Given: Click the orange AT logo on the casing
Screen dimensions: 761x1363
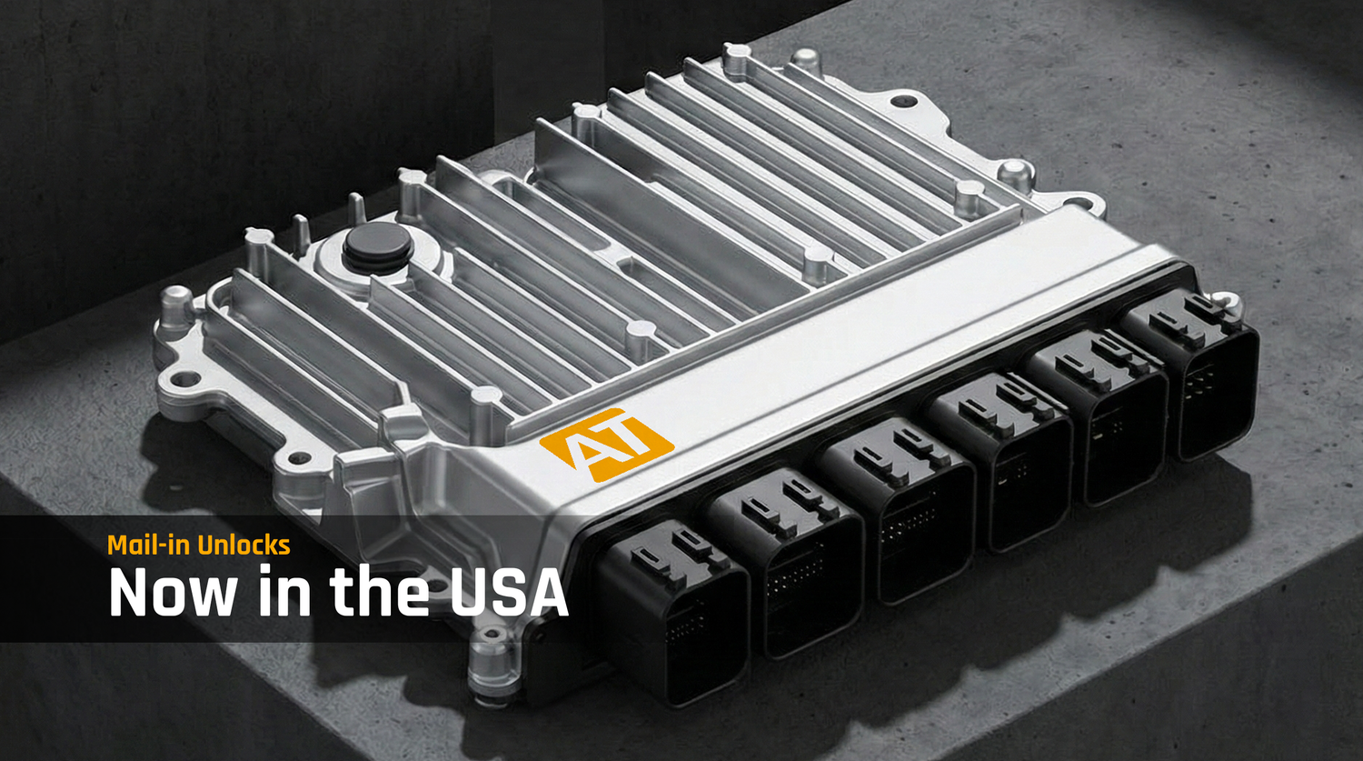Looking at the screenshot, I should [x=606, y=445].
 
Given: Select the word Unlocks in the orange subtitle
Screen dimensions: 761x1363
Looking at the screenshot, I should [x=244, y=545].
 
